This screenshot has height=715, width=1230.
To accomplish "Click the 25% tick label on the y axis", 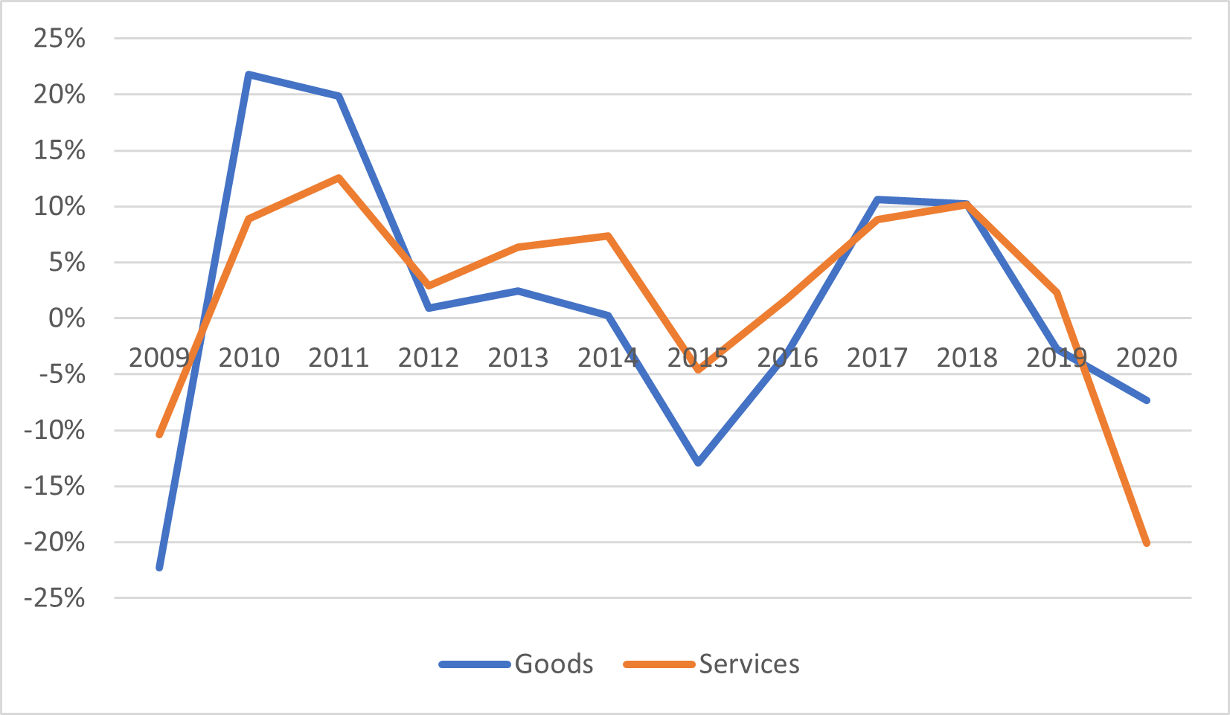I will (59, 39).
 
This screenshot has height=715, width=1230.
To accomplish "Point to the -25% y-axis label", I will (54, 598).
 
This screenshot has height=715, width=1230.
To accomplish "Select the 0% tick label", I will (66, 318).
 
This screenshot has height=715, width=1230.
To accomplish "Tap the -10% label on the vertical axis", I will (54, 431).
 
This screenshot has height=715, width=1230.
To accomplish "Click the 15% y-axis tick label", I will (59, 151).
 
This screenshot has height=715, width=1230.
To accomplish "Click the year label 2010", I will (249, 358).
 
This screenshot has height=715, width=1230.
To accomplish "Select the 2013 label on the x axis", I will (518, 358).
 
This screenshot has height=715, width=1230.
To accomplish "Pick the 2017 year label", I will (877, 358).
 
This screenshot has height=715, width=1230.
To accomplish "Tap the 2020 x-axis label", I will (1147, 358).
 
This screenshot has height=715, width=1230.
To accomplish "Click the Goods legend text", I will (554, 664).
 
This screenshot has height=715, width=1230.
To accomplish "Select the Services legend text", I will (749, 664).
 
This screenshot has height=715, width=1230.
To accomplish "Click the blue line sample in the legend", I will (475, 664).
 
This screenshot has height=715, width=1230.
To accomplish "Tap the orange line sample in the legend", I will (659, 664).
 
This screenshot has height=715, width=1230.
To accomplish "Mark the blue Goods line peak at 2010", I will (249, 74).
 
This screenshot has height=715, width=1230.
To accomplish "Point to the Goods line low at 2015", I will (698, 463).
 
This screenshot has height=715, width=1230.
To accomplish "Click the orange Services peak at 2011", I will (339, 178).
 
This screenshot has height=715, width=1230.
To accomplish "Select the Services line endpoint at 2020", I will (1147, 543).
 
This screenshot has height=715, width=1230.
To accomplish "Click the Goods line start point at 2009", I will (159, 568).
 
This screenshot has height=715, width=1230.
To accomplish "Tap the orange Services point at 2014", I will (608, 236).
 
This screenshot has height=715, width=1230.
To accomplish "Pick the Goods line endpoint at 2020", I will (1147, 400).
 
